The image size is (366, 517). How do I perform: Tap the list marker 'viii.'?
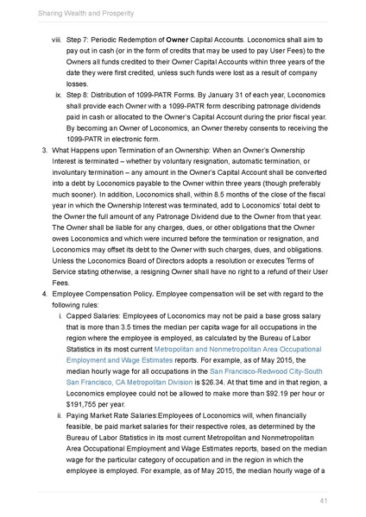[x=57, y=40]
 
